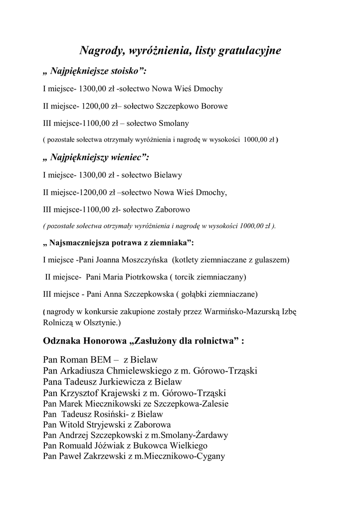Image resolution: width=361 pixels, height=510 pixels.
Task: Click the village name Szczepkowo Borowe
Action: (192, 106)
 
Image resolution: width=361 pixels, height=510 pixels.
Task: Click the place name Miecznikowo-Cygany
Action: (183, 456)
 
